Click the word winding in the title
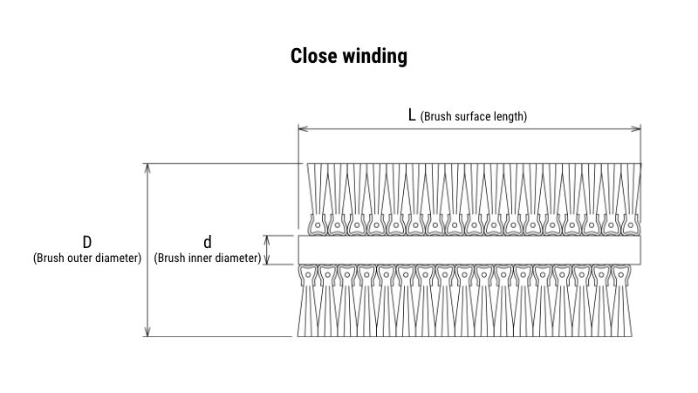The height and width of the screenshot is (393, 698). [x=374, y=57]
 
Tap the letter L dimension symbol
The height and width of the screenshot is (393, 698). [x=412, y=115]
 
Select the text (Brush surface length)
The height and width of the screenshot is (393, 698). [x=474, y=116]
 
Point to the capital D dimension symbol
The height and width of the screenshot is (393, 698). [x=87, y=242]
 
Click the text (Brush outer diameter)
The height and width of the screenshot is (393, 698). [x=87, y=258]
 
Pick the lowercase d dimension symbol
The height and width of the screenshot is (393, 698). [x=208, y=242]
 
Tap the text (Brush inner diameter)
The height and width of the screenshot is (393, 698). [x=208, y=258]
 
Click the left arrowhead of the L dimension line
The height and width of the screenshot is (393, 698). [x=302, y=129]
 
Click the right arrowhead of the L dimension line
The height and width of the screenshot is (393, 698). [x=637, y=129]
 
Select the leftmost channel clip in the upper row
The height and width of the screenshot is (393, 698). [x=318, y=225]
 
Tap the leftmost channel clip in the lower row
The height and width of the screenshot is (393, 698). [x=307, y=275]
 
